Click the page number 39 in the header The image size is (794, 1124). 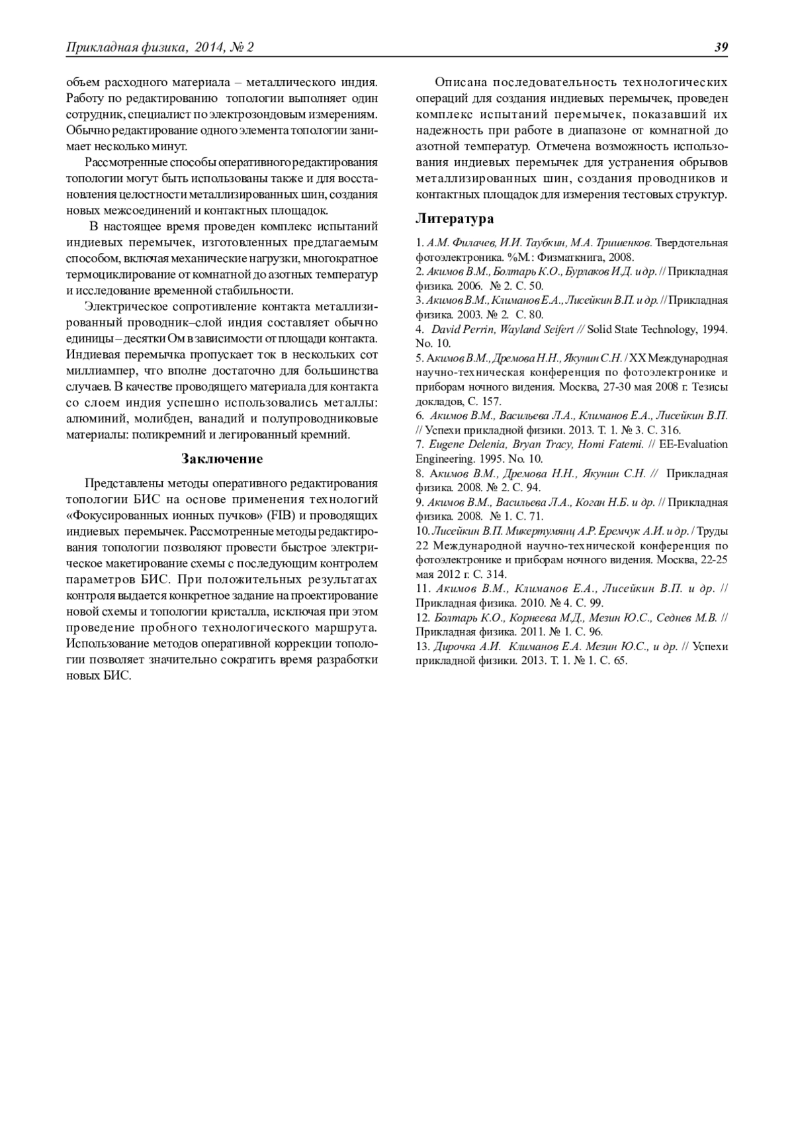pos(721,47)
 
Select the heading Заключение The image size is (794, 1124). pos(222,459)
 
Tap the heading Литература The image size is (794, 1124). pos(455,218)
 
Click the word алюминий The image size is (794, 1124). pos(96,418)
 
